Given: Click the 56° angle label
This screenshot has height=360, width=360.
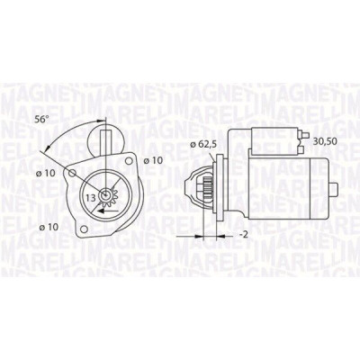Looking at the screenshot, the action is coord(41,119).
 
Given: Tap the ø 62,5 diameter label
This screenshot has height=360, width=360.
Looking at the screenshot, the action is coord(203,144).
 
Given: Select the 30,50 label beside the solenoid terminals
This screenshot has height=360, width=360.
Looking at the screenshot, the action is coord(325,140).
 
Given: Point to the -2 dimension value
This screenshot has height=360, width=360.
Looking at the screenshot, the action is coord(244,235).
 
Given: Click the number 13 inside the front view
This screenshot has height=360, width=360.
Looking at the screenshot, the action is coord(91,198).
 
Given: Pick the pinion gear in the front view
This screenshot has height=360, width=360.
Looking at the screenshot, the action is coord(105,196).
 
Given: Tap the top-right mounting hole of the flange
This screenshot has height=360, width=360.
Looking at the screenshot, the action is coord(129,161).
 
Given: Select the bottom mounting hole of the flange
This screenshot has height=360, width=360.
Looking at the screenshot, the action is coord(85,229).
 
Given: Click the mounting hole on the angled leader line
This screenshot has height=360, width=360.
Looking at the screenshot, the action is coord(72,173).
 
